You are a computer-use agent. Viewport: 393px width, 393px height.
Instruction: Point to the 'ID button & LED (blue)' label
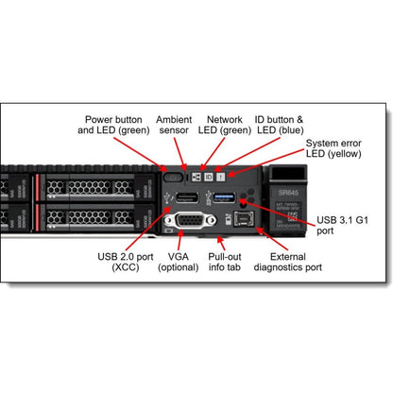[x=279, y=127]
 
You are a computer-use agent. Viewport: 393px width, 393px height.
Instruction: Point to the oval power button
[x=173, y=177]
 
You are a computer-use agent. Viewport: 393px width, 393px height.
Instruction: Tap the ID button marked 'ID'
[x=210, y=177]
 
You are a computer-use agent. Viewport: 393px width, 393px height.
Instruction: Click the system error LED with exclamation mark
[x=221, y=177]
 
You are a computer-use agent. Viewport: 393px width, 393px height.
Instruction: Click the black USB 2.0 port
[x=187, y=196]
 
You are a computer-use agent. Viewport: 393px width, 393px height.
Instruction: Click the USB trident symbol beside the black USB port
[x=168, y=196]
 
